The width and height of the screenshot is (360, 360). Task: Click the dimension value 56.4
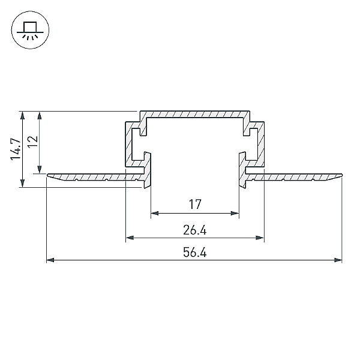[x=194, y=252]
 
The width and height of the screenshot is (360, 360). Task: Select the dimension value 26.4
[x=194, y=230]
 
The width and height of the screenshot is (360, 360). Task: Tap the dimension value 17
[x=195, y=204]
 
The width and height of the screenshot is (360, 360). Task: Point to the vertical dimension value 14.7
[x=16, y=149]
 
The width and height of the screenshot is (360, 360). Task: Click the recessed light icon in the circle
[x=30, y=31]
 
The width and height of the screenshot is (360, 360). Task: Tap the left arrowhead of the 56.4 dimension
[x=50, y=260]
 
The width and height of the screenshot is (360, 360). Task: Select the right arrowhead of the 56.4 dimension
[x=338, y=260]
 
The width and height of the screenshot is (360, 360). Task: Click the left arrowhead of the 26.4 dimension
[x=130, y=238]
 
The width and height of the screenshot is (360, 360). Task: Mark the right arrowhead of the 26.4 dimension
[x=260, y=238]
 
